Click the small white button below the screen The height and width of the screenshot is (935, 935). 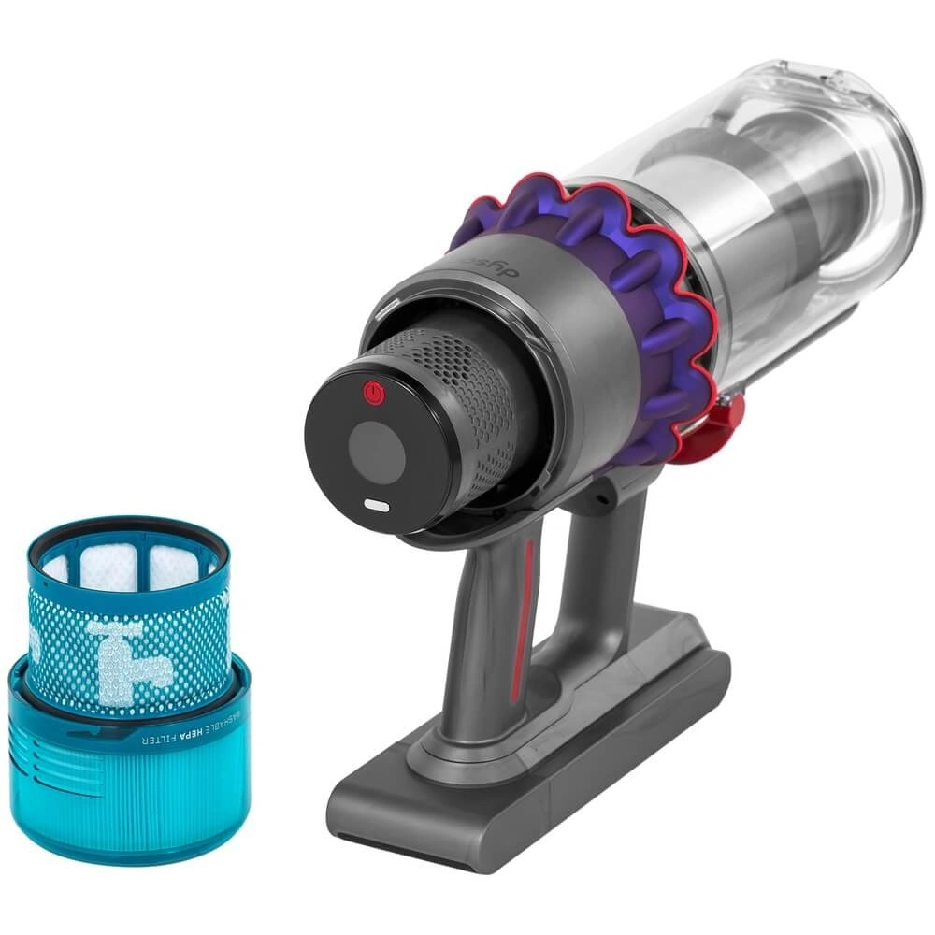pos(377,505)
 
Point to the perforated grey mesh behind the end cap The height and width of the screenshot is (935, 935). pos(467,393)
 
